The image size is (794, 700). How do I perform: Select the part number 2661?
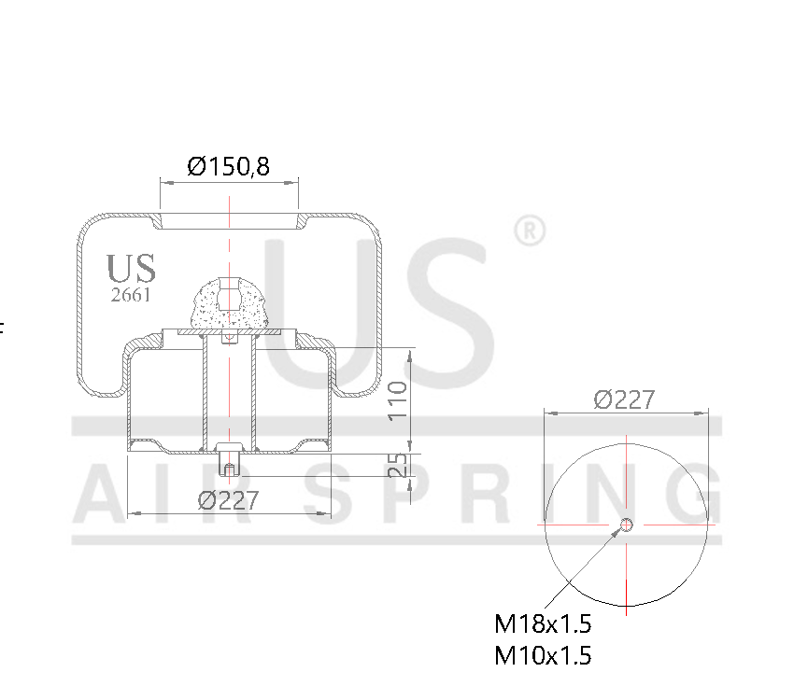(x=131, y=296)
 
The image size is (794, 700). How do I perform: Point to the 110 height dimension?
(x=398, y=399)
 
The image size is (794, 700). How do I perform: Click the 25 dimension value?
(x=398, y=464)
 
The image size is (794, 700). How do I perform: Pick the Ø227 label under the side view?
(x=228, y=499)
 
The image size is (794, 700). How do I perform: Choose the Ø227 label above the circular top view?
(x=624, y=399)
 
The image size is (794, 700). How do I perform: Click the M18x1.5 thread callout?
(x=543, y=623)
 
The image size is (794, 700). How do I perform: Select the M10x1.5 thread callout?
(x=543, y=655)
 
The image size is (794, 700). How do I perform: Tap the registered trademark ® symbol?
(x=530, y=231)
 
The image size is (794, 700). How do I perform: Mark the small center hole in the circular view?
(x=627, y=525)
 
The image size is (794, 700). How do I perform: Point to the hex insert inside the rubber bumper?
(x=229, y=296)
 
